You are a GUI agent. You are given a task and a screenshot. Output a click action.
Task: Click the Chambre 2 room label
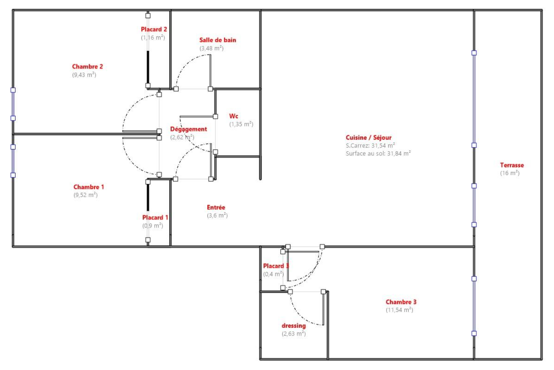click(87, 67)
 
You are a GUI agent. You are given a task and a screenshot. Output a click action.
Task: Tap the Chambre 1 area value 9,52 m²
click(86, 195)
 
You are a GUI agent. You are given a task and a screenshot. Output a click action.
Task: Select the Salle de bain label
click(217, 40)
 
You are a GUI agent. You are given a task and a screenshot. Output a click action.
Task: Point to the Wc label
click(234, 116)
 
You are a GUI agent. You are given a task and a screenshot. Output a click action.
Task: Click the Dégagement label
click(189, 129)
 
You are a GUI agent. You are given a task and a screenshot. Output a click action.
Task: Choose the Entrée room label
click(216, 207)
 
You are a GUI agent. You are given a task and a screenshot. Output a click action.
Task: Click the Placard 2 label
click(154, 29)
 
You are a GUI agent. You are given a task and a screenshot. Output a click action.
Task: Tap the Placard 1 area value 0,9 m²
click(153, 225)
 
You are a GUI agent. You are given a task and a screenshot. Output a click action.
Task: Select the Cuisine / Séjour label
click(369, 137)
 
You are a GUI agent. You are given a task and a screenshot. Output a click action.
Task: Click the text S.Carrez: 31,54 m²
click(370, 145)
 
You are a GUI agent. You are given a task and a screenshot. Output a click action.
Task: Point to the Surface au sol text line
click(378, 154)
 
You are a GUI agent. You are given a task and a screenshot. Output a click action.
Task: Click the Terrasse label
click(512, 165)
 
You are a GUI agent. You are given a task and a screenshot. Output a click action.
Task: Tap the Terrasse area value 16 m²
click(510, 173)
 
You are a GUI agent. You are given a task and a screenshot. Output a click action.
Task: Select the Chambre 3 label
click(401, 302)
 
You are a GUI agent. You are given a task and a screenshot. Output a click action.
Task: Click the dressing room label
click(293, 326)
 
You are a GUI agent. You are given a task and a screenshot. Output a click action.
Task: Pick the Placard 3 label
click(276, 266)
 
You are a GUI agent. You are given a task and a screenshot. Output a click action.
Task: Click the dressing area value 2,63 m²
click(293, 334)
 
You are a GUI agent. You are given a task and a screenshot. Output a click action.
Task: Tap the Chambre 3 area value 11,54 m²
click(399, 310)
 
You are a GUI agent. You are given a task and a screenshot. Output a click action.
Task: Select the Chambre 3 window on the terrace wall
click(474, 306)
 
